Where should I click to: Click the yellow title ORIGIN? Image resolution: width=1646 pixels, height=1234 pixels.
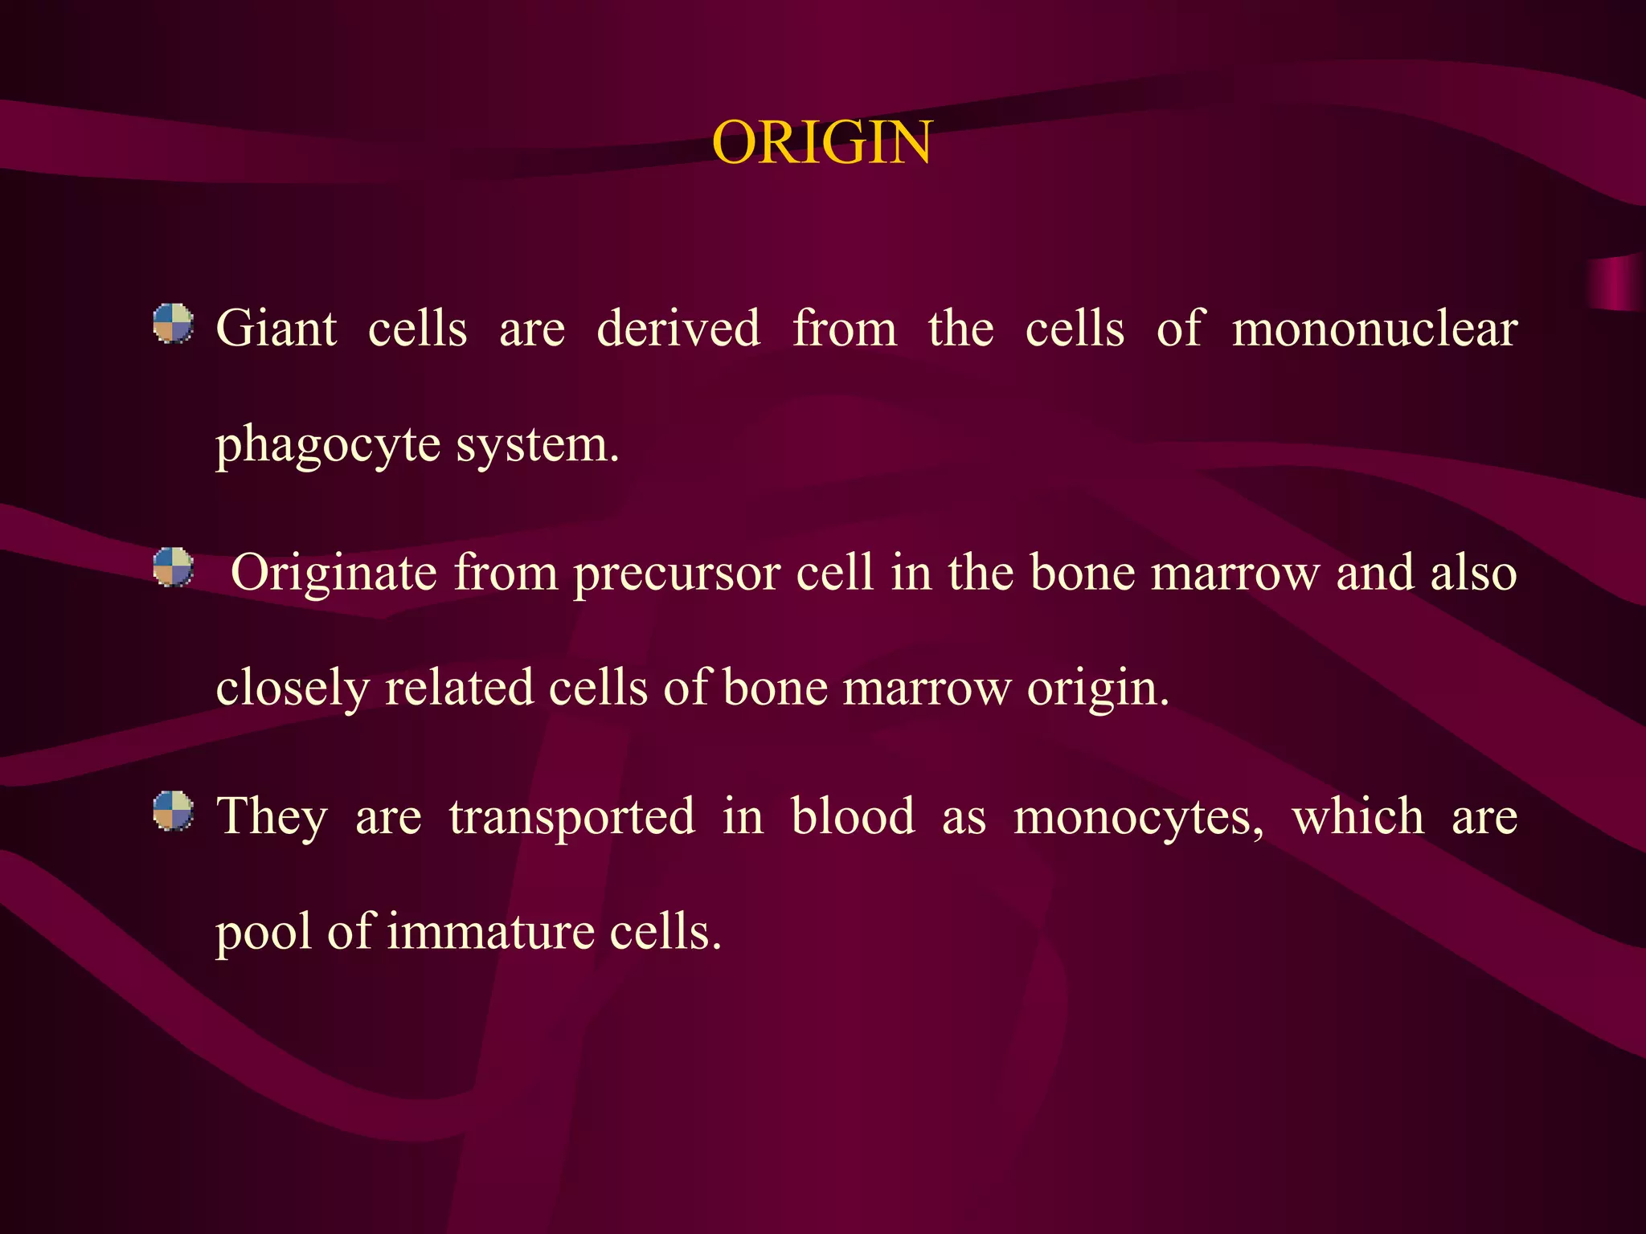coord(821,143)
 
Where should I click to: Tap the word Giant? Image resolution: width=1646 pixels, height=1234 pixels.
coord(276,329)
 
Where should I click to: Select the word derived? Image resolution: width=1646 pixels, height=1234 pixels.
coord(678,329)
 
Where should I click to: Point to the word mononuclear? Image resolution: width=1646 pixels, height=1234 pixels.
coord(1374,329)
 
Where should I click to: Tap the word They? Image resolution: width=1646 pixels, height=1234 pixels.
coord(272,818)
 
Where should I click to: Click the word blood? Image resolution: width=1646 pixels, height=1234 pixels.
coord(853,816)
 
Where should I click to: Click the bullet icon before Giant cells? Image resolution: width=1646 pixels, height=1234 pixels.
coord(174,324)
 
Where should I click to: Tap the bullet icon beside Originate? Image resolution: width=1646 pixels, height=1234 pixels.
coord(174,568)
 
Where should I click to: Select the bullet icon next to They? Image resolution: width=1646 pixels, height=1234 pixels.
coord(174,811)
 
